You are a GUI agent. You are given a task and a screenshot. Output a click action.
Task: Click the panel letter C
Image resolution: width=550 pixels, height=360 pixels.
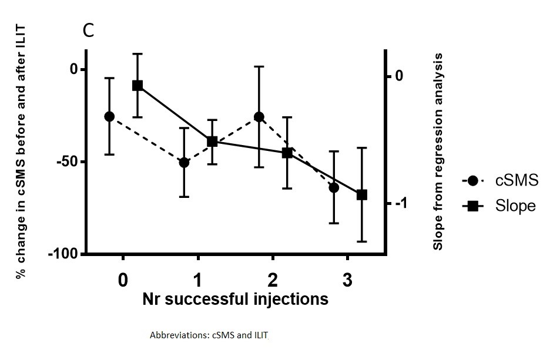[88, 31]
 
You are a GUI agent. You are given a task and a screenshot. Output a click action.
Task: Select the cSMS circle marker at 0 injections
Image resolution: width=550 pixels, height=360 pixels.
[109, 116]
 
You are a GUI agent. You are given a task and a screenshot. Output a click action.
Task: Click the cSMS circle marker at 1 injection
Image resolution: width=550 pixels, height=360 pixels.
[184, 162]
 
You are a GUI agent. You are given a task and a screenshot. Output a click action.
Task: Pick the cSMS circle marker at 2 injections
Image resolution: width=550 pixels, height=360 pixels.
[259, 117]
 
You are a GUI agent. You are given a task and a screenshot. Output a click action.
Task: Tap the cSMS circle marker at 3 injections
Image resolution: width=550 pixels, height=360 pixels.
[334, 187]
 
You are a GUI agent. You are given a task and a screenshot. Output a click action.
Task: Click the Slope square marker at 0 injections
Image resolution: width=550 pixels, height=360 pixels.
[137, 85]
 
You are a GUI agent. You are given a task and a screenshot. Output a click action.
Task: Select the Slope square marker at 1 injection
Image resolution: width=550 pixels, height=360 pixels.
[212, 142]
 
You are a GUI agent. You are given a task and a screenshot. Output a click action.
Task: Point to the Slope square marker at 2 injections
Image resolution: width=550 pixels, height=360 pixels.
[287, 153]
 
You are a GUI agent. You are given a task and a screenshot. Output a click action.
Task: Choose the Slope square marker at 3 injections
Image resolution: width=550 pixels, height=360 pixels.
[362, 194]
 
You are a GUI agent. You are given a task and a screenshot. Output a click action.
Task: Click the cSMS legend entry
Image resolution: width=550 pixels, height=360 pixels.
[500, 181]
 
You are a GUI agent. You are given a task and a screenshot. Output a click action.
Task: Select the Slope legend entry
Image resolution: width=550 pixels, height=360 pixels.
[500, 206]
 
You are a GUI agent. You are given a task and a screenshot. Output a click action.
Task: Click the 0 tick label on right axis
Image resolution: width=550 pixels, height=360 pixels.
[400, 76]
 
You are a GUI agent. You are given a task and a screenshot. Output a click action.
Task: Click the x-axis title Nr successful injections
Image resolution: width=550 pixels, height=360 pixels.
[235, 300]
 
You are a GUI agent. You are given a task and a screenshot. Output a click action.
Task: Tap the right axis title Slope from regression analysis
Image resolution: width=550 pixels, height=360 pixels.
[438, 152]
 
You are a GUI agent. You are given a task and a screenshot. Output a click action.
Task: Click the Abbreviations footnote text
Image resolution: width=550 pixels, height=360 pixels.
[209, 336]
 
